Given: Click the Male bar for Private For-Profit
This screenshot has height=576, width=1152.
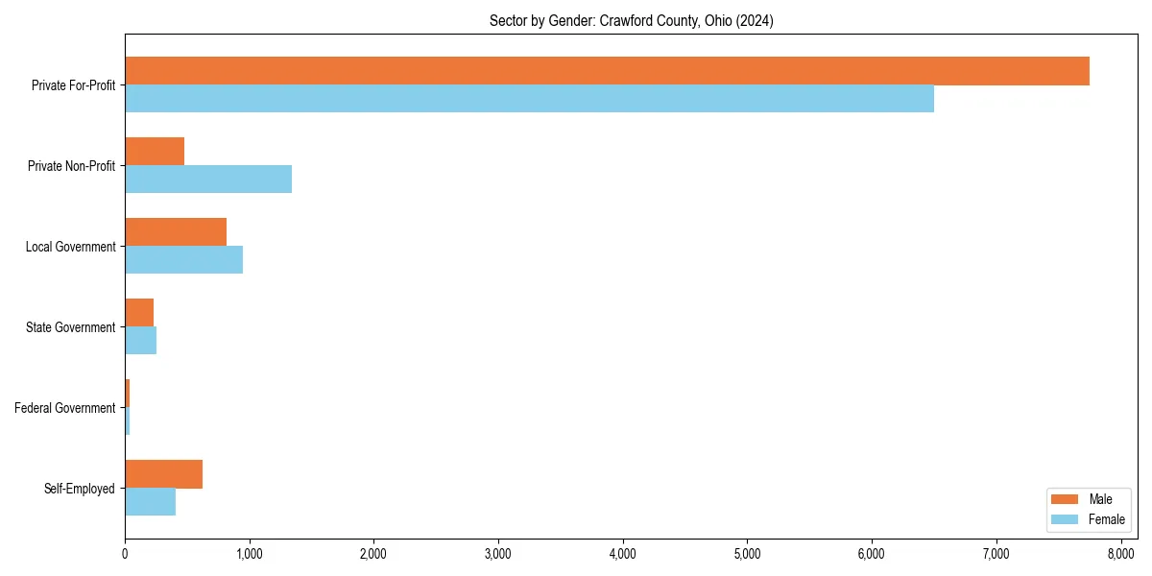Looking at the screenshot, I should point(607,71).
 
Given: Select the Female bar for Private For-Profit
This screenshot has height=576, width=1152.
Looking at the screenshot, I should point(529,98).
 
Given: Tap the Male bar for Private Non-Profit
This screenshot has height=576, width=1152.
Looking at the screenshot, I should point(155,152).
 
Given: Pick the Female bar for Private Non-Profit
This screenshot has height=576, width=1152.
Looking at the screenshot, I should point(208,179).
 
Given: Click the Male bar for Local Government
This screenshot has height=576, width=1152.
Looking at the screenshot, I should point(176,232).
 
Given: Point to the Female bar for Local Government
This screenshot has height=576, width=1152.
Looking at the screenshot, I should point(183,259).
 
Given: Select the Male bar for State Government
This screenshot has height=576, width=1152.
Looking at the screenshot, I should point(139,313).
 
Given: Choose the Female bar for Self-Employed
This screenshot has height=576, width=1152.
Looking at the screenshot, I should point(150,501).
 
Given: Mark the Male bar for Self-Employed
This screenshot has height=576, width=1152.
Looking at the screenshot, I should point(163,474).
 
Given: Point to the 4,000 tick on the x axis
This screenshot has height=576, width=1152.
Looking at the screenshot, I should point(623,553).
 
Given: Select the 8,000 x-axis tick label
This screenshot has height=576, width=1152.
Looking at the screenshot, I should point(1120,553).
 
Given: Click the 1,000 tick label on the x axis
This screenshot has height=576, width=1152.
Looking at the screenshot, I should point(249,553).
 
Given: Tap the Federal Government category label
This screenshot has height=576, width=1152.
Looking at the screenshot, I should point(65,408).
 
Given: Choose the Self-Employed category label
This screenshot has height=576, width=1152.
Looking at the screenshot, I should point(80,489).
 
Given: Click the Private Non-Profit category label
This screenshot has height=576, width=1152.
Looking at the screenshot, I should point(73,166).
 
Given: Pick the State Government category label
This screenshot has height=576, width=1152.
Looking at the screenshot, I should point(71,327).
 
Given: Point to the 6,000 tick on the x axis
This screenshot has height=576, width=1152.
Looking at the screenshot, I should point(872,553).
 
